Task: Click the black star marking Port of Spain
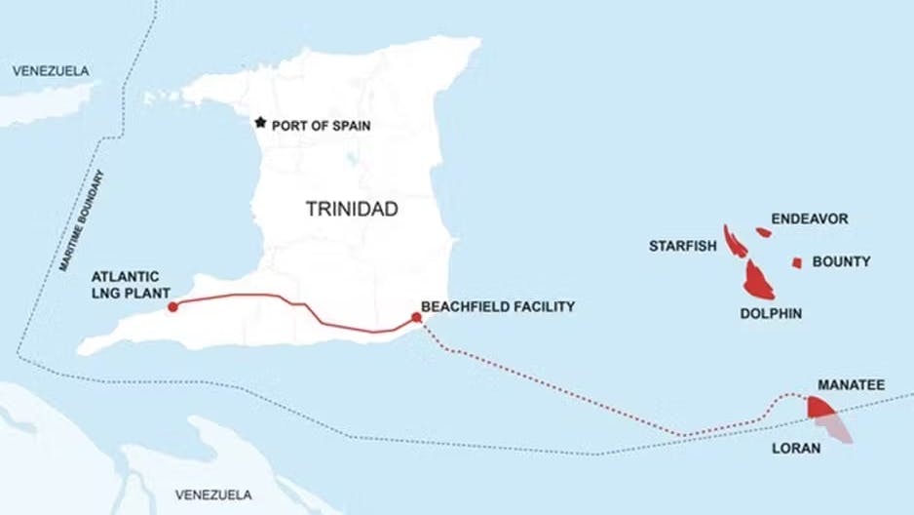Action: [260, 122]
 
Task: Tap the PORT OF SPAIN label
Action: [322, 126]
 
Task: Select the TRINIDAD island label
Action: [352, 209]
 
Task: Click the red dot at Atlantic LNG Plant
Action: [172, 307]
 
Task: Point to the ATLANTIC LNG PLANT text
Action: [132, 285]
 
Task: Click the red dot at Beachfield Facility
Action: [417, 317]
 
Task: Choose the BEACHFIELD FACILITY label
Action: [498, 306]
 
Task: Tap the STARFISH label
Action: [683, 246]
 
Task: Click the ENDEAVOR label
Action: [810, 218]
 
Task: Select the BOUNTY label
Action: [841, 261]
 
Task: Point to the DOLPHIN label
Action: [771, 314]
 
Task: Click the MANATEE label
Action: [852, 386]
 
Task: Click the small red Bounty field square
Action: [796, 262]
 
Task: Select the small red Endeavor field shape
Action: [763, 232]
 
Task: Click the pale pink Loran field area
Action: [838, 429]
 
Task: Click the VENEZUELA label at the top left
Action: [50, 70]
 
